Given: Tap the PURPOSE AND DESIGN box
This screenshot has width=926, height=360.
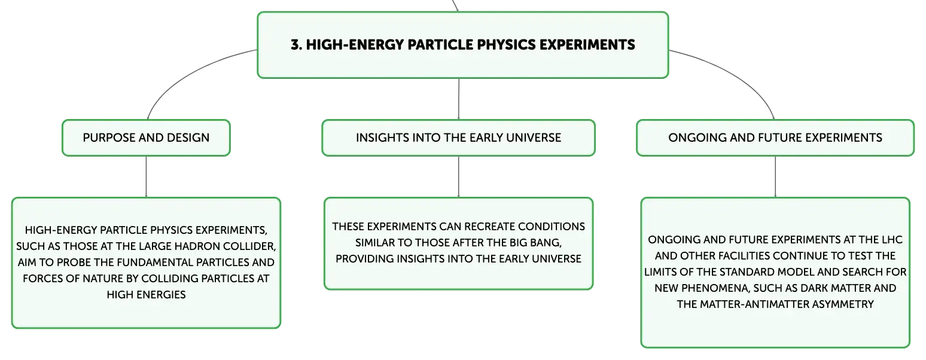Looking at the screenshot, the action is pyautogui.click(x=146, y=138).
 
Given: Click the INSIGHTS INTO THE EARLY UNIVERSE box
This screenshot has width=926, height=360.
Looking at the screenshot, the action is pyautogui.click(x=458, y=138).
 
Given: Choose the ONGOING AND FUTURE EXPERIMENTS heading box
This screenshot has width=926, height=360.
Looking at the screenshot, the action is pyautogui.click(x=775, y=138).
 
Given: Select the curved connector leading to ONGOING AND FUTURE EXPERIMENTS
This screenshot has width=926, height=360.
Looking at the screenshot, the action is pyautogui.click(x=736, y=74).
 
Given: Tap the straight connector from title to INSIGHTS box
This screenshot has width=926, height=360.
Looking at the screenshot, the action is pyautogui.click(x=459, y=99).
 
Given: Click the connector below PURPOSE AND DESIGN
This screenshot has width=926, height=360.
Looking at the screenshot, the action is pyautogui.click(x=146, y=176).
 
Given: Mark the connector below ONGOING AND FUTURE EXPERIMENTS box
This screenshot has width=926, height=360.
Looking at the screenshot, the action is pyautogui.click(x=775, y=176).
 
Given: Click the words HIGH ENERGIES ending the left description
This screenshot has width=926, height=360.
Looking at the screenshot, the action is pyautogui.click(x=146, y=295).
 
